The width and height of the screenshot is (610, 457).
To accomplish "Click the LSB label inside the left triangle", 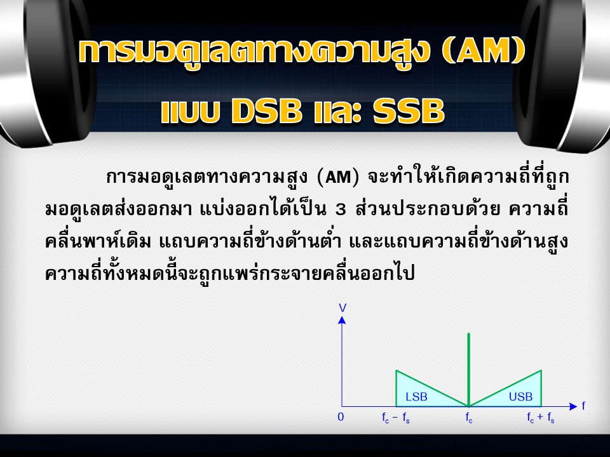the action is pyautogui.click(x=416, y=397).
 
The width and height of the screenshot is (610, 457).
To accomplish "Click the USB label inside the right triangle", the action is pyautogui.click(x=520, y=397).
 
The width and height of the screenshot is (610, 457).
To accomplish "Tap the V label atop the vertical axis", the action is pyautogui.click(x=342, y=308).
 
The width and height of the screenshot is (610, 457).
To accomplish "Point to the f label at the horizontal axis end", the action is pyautogui.click(x=583, y=406).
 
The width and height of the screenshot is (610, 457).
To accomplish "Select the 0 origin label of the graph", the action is pyautogui.click(x=341, y=417).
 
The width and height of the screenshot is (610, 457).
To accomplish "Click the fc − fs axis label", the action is pyautogui.click(x=396, y=418).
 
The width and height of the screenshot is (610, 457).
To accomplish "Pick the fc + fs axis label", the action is pyautogui.click(x=541, y=418).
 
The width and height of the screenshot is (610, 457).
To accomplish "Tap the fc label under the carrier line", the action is pyautogui.click(x=469, y=418).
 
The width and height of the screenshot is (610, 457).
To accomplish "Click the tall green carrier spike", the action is pyautogui.click(x=469, y=369).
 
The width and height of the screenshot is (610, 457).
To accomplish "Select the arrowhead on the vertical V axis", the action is pyautogui.click(x=342, y=320).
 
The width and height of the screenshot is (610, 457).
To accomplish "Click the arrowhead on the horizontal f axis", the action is pyautogui.click(x=573, y=406).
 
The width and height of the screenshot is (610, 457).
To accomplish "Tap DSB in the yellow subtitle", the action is pyautogui.click(x=266, y=110).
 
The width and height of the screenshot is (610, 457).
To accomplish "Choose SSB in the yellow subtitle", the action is pyautogui.click(x=409, y=110).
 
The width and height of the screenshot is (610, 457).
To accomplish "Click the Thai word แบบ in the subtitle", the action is pyautogui.click(x=190, y=112).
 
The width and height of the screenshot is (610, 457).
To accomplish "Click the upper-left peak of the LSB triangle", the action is pyautogui.click(x=396, y=370).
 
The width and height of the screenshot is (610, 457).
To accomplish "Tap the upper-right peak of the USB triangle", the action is pyautogui.click(x=541, y=370).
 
